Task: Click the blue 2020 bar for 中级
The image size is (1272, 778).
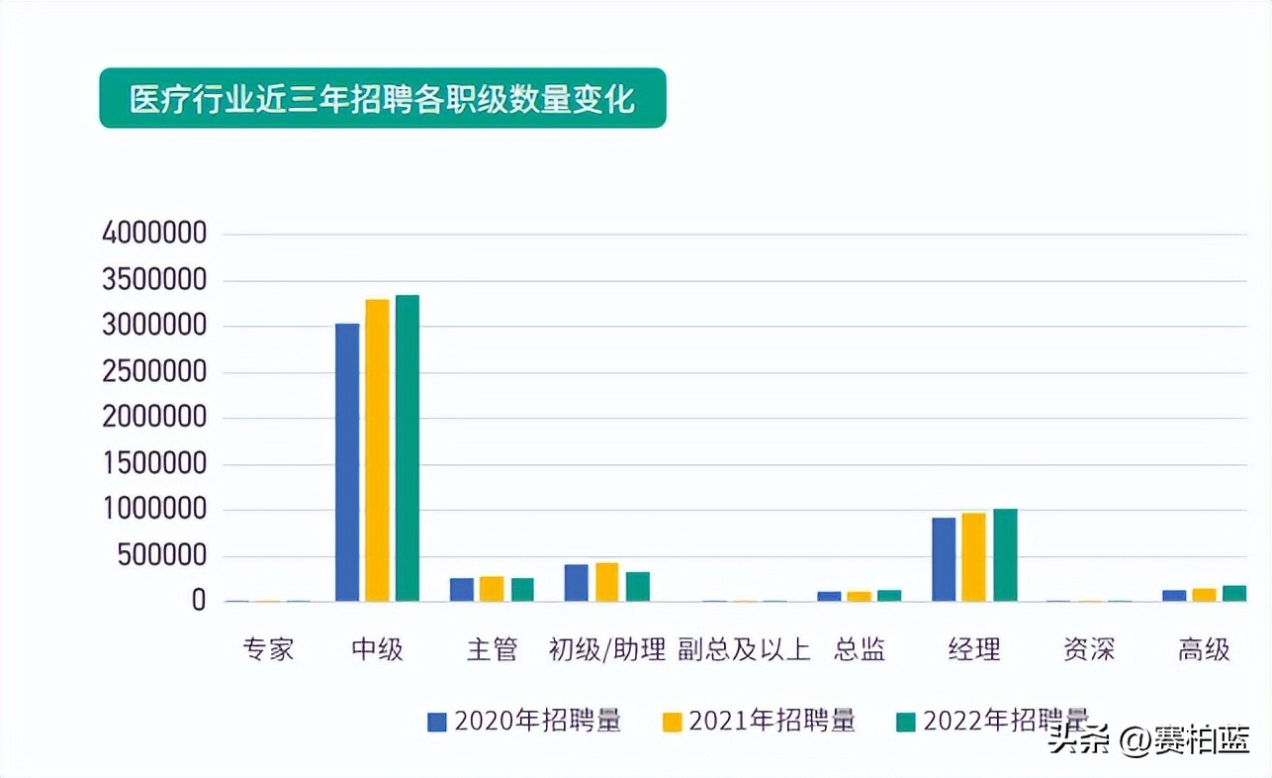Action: [x=347, y=462]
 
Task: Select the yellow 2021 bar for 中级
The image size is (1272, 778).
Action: [x=377, y=450]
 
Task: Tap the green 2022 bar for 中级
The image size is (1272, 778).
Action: [x=407, y=448]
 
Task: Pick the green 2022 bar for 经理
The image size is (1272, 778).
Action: [x=1005, y=555]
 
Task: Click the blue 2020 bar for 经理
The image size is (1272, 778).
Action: [x=944, y=559]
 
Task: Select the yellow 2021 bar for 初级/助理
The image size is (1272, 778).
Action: [x=606, y=582]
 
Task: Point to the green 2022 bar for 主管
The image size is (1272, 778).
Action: [x=522, y=590]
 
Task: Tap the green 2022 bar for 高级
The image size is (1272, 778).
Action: [x=1233, y=594]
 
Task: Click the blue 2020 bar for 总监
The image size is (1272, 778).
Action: [x=829, y=596]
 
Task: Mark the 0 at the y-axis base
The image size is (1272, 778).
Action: [x=199, y=601]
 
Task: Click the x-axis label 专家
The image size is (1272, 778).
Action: [x=268, y=649]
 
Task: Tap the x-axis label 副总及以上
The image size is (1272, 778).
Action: [x=744, y=649]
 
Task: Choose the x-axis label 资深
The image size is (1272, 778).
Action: [x=1088, y=649]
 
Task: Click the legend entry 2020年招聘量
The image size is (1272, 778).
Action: [x=524, y=721]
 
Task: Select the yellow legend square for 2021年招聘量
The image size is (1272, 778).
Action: [x=673, y=722]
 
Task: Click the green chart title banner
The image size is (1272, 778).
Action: [x=383, y=98]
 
